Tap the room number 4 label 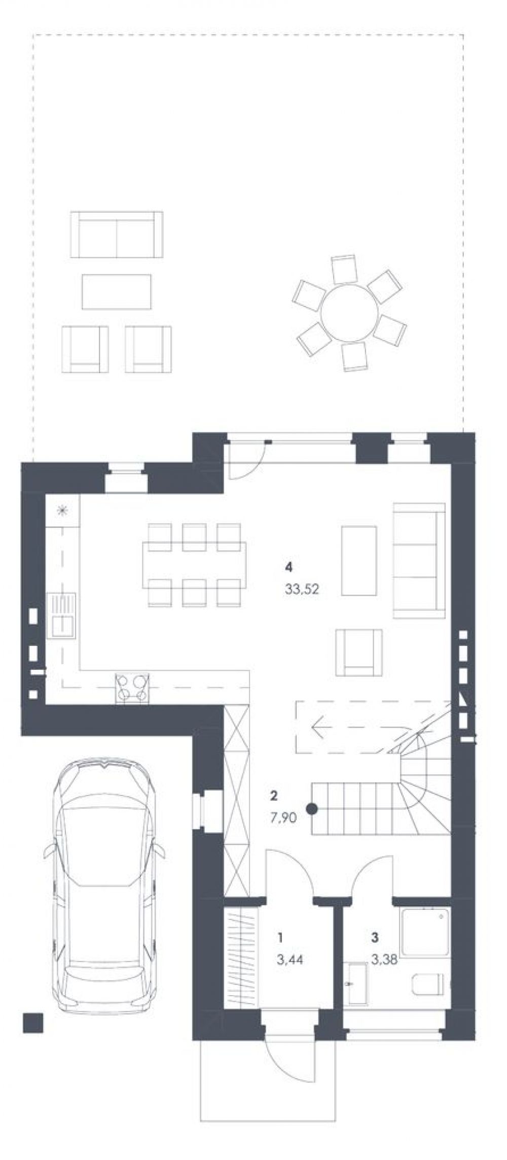(x=289, y=566)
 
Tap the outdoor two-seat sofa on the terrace (x=117, y=234)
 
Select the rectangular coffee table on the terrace (x=117, y=291)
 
